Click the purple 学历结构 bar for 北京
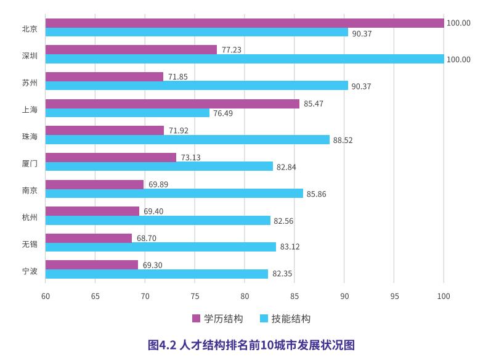[x=245, y=23]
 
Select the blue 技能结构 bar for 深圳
[x=245, y=59]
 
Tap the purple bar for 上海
[x=172, y=104]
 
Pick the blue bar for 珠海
[x=187, y=140]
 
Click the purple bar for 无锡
[x=89, y=238]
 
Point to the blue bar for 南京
[x=174, y=194]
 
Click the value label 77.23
[x=231, y=50]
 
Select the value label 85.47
[x=313, y=104]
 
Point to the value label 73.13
[x=190, y=157]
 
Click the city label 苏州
[x=30, y=81]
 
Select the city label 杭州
[x=30, y=216]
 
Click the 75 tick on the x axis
[x=195, y=296]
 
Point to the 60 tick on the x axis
[x=46, y=296]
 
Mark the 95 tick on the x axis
[x=394, y=296]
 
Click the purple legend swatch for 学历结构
[x=197, y=319]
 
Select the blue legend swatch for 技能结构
[x=264, y=319]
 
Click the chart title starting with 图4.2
[x=251, y=345]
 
